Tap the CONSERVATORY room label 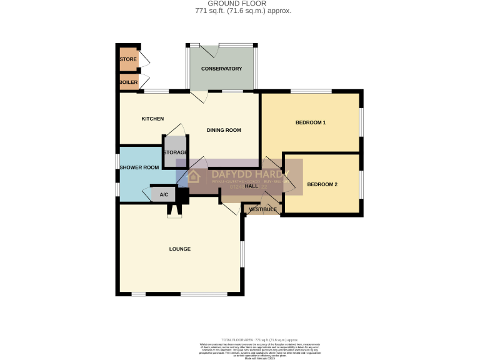click(221, 69)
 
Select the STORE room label click(128, 59)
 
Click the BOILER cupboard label click(128, 82)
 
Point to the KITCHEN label click(152, 119)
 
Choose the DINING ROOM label click(224, 130)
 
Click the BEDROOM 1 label click(311, 122)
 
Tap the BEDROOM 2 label click(322, 184)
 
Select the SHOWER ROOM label click(139, 167)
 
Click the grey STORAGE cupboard click(175, 152)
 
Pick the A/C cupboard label click(164, 195)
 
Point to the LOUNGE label click(179, 249)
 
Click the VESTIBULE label click(262, 209)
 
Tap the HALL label click(252, 186)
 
